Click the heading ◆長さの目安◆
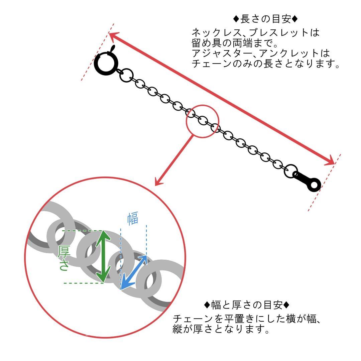click(x=265, y=19)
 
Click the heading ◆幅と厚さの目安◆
click(x=247, y=305)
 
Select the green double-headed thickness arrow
click(x=103, y=256)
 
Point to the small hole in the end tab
click(x=314, y=185)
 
